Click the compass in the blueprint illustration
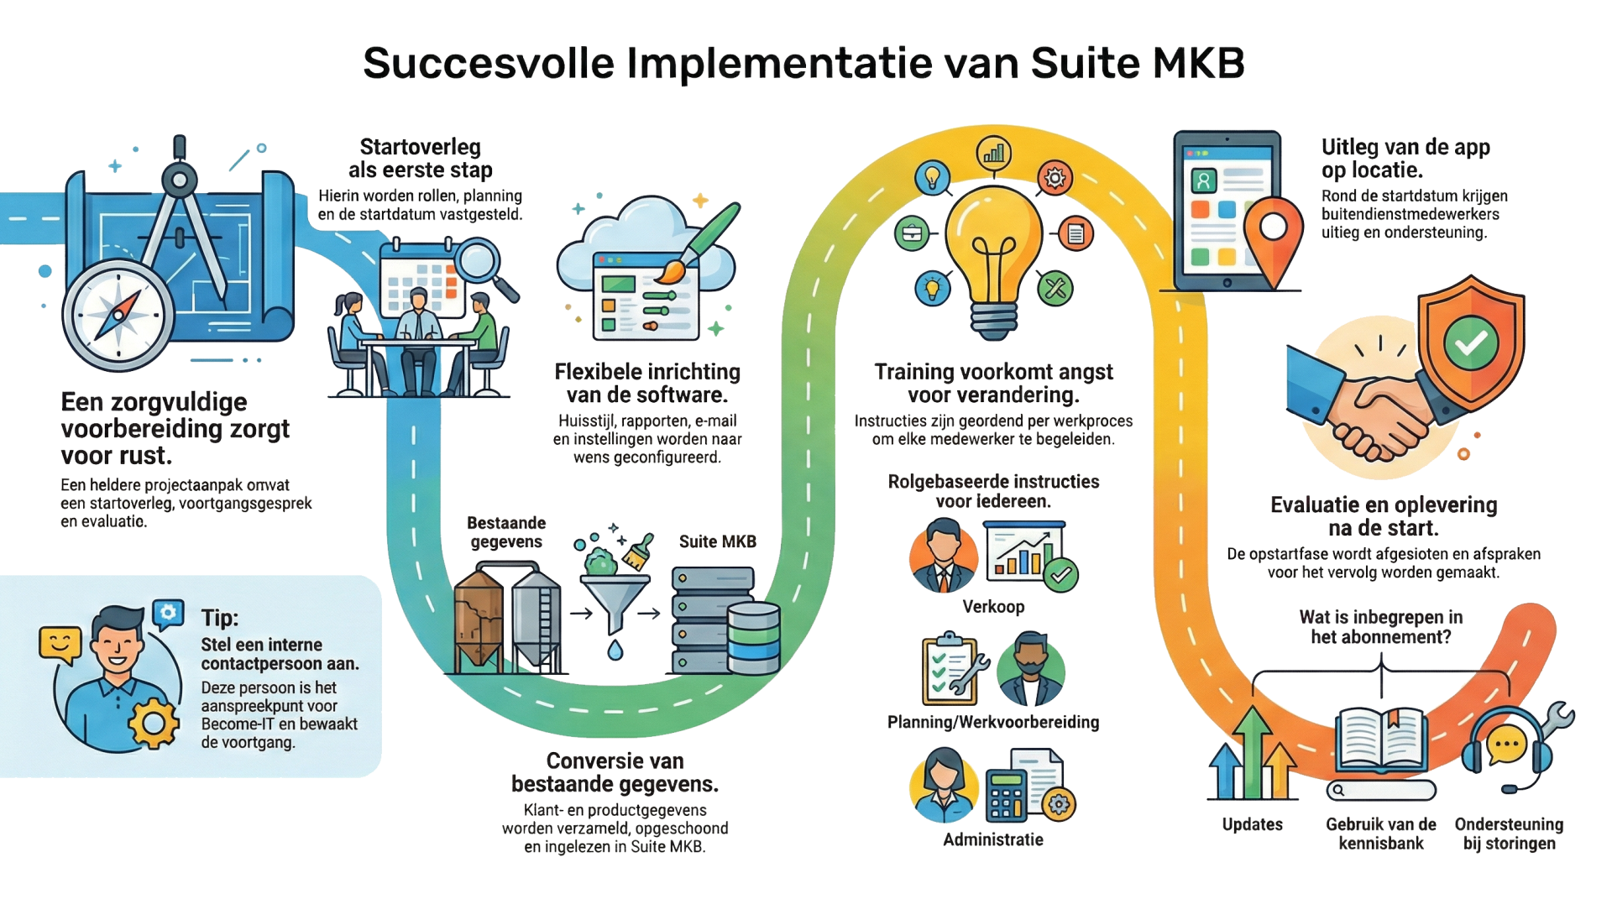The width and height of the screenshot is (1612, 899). click(118, 316)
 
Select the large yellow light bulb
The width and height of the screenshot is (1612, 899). click(994, 243)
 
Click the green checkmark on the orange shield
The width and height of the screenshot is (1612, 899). click(1471, 342)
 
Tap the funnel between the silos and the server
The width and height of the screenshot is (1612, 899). click(615, 600)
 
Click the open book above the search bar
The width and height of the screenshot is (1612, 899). click(1381, 737)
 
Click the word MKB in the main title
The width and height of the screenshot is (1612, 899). click(1198, 63)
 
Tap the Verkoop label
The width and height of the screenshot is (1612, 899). click(993, 607)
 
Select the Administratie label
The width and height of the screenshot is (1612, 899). click(993, 839)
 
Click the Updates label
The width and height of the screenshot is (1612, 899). click(1252, 824)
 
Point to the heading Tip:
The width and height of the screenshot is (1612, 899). click(220, 618)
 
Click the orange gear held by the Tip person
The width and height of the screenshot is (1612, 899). click(154, 722)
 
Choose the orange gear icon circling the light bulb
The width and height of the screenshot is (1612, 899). click(1055, 178)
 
